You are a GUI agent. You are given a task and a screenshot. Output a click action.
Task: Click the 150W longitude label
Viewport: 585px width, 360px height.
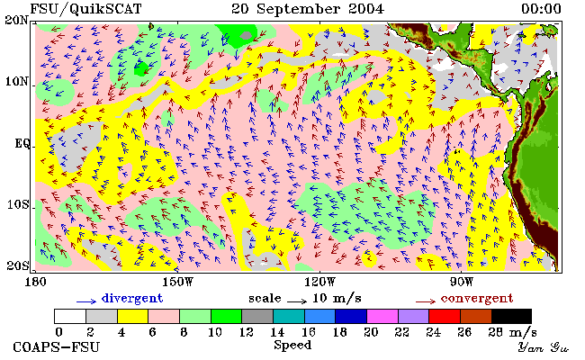(x=178, y=282)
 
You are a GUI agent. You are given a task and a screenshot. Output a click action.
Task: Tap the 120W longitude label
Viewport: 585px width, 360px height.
(x=319, y=282)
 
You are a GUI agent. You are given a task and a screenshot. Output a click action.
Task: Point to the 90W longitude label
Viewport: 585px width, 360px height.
(x=462, y=282)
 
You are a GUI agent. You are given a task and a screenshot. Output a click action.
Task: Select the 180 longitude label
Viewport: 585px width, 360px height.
(x=35, y=282)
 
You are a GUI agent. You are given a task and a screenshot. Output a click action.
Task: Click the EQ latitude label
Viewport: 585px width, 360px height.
(x=22, y=144)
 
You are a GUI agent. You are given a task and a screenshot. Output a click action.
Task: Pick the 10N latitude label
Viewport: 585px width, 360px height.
(x=17, y=81)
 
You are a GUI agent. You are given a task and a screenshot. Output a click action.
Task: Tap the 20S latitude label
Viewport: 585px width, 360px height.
(x=18, y=265)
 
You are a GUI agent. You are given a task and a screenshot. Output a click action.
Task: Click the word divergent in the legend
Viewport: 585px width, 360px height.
(x=132, y=299)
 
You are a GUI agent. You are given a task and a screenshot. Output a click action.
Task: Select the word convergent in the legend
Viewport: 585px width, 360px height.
(x=477, y=299)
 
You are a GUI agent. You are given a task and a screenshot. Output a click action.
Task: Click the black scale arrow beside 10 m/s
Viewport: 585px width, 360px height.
(x=297, y=301)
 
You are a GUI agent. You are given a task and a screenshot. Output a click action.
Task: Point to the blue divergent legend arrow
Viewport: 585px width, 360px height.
(x=86, y=301)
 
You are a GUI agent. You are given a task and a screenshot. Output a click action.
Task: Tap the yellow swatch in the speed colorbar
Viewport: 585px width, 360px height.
(x=133, y=316)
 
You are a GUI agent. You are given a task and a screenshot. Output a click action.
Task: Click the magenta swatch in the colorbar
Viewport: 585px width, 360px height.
(x=382, y=316)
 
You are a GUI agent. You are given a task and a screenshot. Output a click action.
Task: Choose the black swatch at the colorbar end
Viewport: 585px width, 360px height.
(x=511, y=316)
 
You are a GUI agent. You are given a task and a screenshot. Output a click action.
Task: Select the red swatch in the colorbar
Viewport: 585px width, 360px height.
(x=445, y=316)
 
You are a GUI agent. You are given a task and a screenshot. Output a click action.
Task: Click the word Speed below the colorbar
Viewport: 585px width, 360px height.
(x=292, y=345)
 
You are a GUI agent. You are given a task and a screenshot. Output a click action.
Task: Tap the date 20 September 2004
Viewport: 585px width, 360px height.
(x=308, y=9)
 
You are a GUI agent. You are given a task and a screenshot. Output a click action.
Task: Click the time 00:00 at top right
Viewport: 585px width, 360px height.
(x=541, y=9)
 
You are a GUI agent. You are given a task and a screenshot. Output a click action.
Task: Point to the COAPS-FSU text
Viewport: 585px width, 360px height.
(x=57, y=347)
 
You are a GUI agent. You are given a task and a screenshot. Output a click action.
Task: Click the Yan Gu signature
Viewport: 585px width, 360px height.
(x=543, y=348)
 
